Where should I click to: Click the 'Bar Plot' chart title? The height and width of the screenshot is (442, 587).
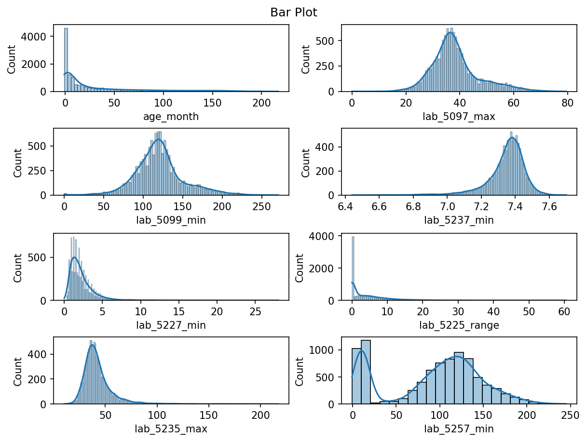pos(293,13)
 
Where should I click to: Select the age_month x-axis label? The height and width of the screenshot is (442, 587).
pos(171,117)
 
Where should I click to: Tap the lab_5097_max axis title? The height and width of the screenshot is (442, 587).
pos(459,117)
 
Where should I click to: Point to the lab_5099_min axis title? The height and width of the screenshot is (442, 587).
pos(171,220)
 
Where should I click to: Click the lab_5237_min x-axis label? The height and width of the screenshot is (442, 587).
pos(459,220)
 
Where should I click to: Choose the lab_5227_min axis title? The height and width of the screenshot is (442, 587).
pos(171,325)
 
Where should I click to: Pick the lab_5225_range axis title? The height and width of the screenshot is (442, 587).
pos(459,325)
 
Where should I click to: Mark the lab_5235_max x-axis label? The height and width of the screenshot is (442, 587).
pos(171,429)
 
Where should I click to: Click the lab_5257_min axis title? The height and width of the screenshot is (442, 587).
pos(459,429)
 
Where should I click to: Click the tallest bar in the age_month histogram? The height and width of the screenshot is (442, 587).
pos(66,60)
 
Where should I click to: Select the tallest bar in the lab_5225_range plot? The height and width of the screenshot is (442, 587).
pos(353,268)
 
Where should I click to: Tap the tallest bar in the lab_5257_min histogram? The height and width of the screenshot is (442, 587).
pos(366,372)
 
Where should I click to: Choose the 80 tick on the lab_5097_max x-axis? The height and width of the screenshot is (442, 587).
pos(568,103)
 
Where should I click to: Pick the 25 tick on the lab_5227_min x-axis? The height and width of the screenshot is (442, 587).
pos(255,311)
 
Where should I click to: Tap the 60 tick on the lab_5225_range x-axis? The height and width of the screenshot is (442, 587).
pos(564,311)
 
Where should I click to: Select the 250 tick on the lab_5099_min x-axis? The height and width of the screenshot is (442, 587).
pos(261,207)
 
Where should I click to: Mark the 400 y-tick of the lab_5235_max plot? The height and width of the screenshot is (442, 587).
pos(37,354)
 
